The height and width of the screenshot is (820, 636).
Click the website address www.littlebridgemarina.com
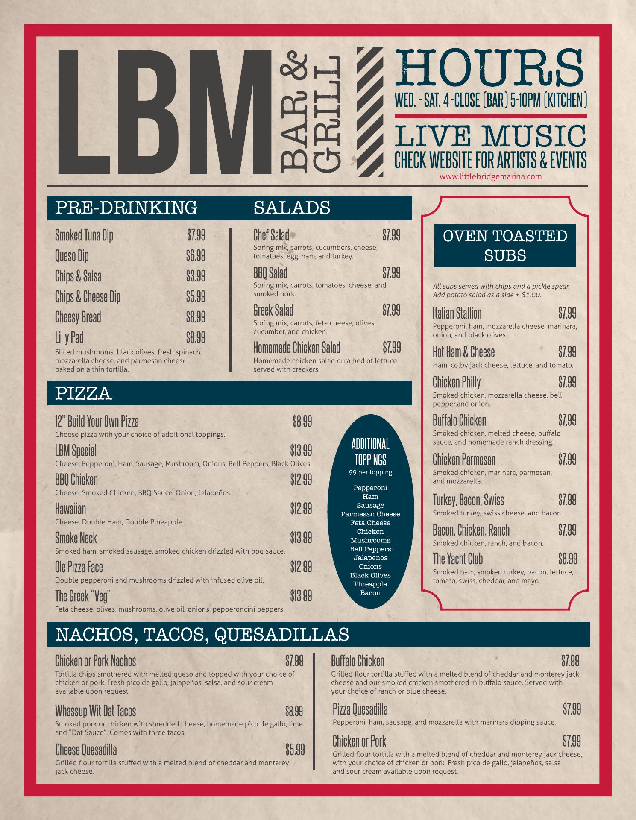(x=490, y=176)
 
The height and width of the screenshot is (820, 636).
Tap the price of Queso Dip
(x=196, y=255)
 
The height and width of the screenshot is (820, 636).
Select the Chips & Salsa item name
(x=78, y=276)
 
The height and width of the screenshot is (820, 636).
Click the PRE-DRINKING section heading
(x=126, y=208)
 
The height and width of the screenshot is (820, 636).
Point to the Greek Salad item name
(x=273, y=310)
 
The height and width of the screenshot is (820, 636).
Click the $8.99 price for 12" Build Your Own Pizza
(x=302, y=422)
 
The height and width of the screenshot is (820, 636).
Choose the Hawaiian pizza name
(x=70, y=509)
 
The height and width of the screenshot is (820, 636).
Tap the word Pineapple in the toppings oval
(x=370, y=584)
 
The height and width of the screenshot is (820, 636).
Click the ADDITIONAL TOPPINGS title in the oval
(x=370, y=452)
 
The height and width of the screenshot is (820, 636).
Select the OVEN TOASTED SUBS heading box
(x=505, y=245)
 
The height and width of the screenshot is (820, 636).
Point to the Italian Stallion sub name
(x=457, y=313)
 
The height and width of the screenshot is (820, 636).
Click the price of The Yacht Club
(x=567, y=559)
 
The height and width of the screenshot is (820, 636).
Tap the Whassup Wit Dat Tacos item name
(x=95, y=711)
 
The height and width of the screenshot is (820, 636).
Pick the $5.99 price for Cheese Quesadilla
(x=295, y=750)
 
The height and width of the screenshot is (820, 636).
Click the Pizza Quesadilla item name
(x=360, y=709)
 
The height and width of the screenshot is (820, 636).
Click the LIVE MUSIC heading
(x=490, y=135)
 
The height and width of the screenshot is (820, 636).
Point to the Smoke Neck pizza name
(x=76, y=538)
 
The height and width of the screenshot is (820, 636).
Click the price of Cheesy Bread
(x=196, y=317)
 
